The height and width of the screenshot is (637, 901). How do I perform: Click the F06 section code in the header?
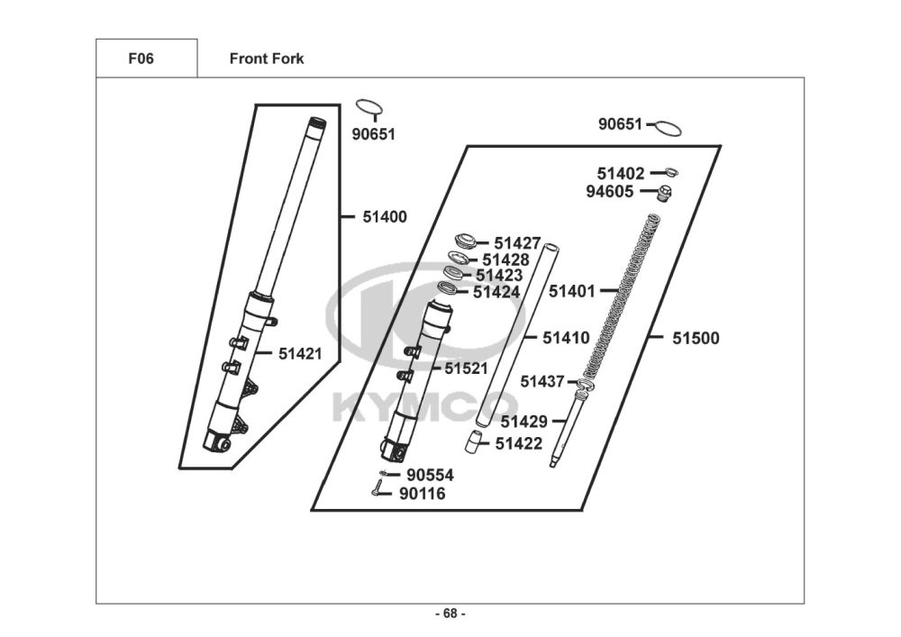[141, 59]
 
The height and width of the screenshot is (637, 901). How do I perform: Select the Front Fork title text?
[267, 59]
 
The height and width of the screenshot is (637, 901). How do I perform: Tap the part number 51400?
[385, 217]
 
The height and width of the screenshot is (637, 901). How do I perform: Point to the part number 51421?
[300, 354]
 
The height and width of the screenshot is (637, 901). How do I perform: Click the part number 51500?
[696, 339]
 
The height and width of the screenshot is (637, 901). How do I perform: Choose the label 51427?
[517, 243]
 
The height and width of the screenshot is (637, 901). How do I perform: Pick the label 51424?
[496, 292]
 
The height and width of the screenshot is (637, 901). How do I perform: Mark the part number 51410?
[566, 339]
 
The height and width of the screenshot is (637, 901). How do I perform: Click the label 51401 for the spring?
[572, 291]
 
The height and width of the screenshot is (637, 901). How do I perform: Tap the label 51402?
[621, 173]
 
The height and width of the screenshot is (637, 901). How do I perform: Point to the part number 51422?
[519, 443]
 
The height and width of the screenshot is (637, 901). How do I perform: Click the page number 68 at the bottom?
[450, 614]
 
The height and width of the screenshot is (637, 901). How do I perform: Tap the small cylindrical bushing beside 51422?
[472, 441]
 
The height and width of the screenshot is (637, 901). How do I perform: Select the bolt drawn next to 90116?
[378, 490]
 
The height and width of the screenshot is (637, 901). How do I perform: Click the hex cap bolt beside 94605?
[664, 193]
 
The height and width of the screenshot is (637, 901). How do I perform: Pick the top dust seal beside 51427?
[467, 241]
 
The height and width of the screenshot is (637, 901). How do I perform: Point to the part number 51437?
[542, 381]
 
